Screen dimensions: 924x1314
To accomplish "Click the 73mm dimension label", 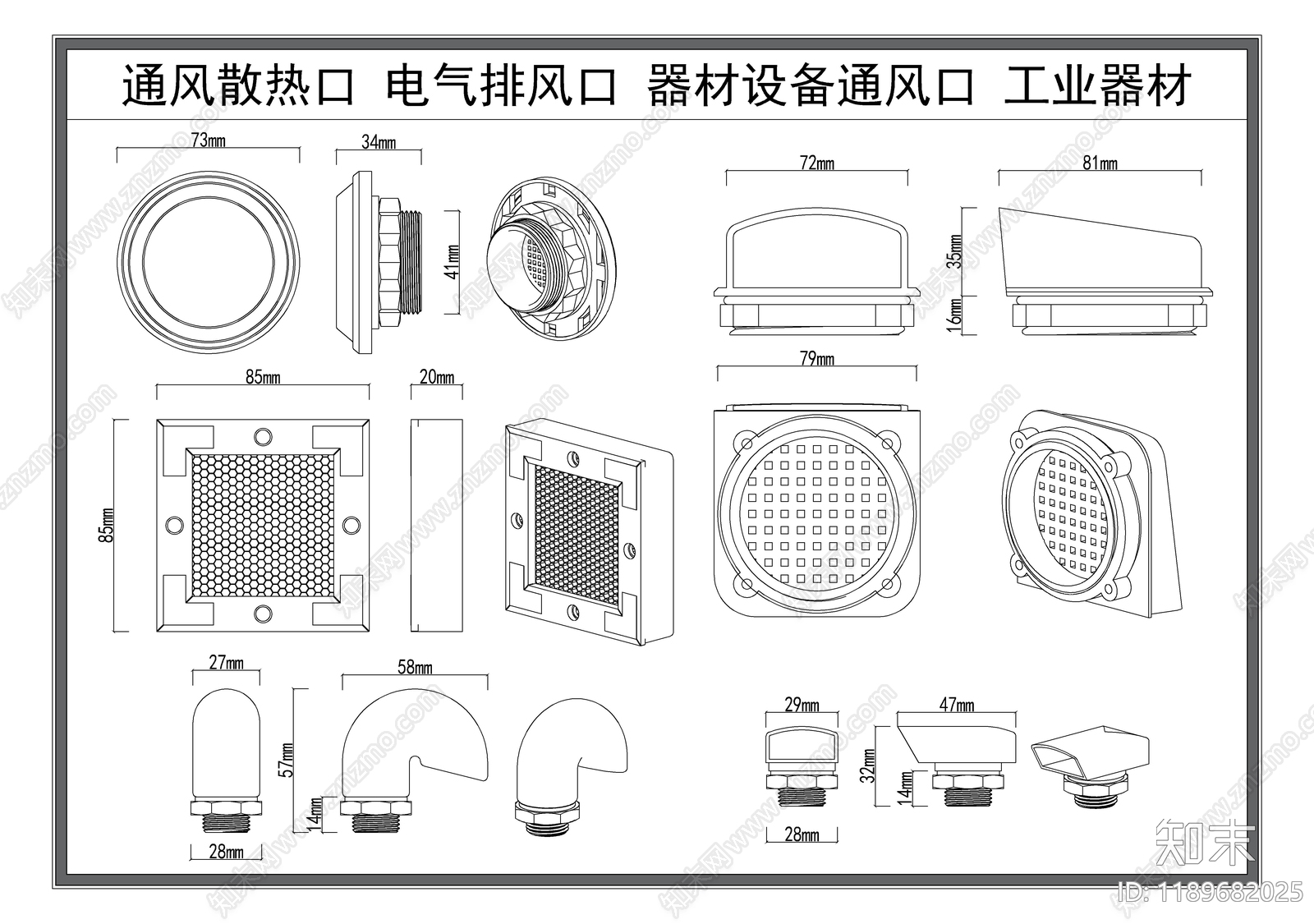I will point(208,140).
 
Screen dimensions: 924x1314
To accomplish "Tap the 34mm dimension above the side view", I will point(379,143).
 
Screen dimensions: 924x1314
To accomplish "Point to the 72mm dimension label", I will point(816,163).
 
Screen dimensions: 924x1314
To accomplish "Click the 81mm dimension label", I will point(1100,163).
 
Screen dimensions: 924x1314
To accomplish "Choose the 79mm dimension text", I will point(816,359).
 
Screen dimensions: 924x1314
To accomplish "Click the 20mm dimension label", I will point(437,377).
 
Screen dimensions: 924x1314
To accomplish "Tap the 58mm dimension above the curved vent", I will point(415,668).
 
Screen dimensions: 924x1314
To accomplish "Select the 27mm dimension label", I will point(226,663).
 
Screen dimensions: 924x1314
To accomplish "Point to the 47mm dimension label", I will point(957,705).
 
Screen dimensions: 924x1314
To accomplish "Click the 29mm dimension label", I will point(802,705).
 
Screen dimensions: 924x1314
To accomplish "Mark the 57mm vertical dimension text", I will point(286,759).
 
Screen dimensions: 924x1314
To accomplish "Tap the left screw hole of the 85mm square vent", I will point(174,523).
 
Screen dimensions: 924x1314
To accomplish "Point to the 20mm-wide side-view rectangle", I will point(437,525).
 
